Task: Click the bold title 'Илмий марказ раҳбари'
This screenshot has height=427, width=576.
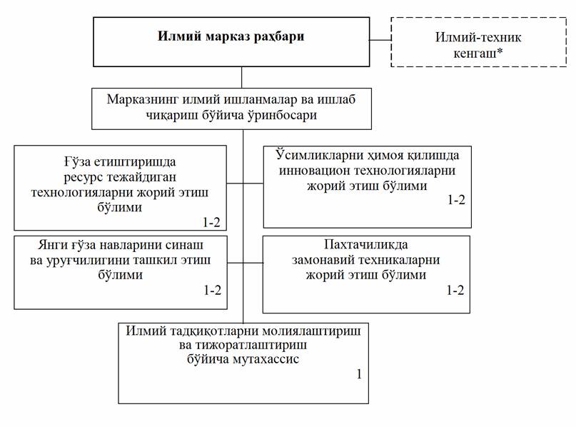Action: [231, 36]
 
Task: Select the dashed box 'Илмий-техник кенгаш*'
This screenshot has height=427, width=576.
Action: [478, 42]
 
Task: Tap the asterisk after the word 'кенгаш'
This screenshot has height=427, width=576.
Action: [500, 52]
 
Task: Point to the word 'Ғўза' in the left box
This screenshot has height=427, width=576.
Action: [77, 161]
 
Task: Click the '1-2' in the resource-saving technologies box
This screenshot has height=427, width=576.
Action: [211, 222]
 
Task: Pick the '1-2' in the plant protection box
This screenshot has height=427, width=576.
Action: [456, 199]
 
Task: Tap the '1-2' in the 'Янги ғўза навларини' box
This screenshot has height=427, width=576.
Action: [212, 291]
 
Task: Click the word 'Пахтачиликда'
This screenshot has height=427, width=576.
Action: [366, 244]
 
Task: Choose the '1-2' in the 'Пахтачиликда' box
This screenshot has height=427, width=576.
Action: [455, 291]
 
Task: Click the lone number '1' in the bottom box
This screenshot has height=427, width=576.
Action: [359, 374]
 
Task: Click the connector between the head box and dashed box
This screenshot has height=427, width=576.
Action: [380, 40]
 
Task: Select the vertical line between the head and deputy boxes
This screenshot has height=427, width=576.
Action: [242, 77]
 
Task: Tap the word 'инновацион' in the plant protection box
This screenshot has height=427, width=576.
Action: [315, 171]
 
